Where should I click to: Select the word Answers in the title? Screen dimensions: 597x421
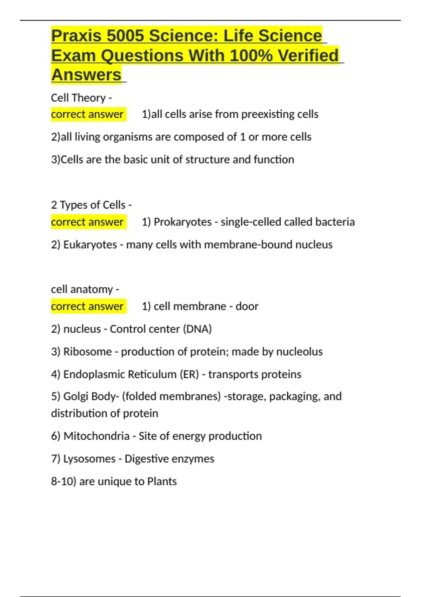pyautogui.click(x=86, y=75)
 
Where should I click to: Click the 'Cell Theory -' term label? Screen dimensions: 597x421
pyautogui.click(x=81, y=98)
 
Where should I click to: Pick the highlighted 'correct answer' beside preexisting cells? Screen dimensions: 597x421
pyautogui.click(x=87, y=114)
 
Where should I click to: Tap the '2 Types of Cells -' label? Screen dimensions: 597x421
pyautogui.click(x=91, y=205)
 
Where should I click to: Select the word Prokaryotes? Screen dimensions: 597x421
pyautogui.click(x=182, y=222)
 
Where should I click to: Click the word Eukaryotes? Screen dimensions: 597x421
pyautogui.click(x=90, y=244)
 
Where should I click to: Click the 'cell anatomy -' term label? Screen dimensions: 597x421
pyautogui.click(x=85, y=289)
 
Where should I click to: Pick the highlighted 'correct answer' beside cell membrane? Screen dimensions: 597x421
pyautogui.click(x=87, y=306)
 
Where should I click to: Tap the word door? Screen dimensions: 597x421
pyautogui.click(x=247, y=306)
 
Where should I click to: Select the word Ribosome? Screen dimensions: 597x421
pyautogui.click(x=87, y=352)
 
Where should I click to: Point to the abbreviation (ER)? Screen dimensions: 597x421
pyautogui.click(x=189, y=374)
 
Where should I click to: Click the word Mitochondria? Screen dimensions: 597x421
pyautogui.click(x=96, y=436)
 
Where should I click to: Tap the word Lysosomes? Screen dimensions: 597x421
pyautogui.click(x=89, y=459)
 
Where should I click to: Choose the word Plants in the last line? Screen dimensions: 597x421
pyautogui.click(x=162, y=481)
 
